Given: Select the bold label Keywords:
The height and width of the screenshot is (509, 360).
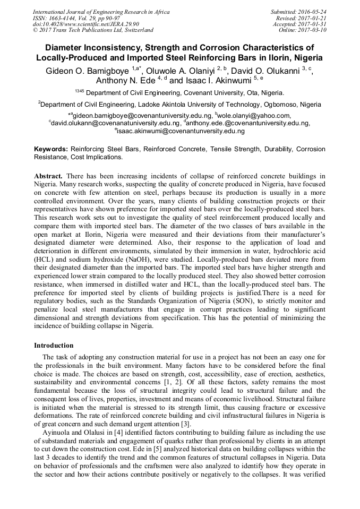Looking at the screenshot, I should pyautogui.click(x=51, y=150).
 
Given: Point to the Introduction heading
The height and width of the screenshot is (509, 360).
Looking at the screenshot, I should pyautogui.click(x=54, y=346).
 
